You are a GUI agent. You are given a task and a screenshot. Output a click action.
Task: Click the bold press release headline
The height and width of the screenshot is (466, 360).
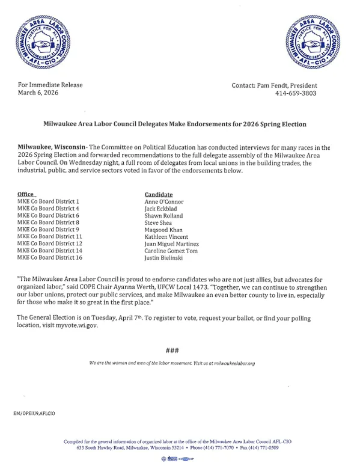pyautogui.click(x=175, y=124)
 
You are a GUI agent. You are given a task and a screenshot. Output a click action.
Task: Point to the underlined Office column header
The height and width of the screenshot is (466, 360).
pyautogui.click(x=26, y=195)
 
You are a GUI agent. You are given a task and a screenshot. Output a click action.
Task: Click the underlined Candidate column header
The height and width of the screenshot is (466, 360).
pyautogui.click(x=159, y=195)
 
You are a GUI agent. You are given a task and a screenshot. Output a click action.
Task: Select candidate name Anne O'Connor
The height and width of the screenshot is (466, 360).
pyautogui.click(x=164, y=201)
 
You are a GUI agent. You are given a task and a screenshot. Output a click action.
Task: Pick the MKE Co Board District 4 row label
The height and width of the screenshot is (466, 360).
pyautogui.click(x=49, y=209)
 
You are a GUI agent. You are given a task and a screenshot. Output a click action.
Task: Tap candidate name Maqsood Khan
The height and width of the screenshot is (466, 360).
pyautogui.click(x=163, y=230)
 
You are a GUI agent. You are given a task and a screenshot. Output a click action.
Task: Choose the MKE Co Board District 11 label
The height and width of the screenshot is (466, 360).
pyautogui.click(x=50, y=237)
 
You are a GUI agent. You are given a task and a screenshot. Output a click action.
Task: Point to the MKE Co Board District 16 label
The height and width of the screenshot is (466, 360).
pyautogui.click(x=50, y=258)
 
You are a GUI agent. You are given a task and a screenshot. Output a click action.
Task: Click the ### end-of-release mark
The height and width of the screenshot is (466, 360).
pyautogui.click(x=171, y=351)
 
